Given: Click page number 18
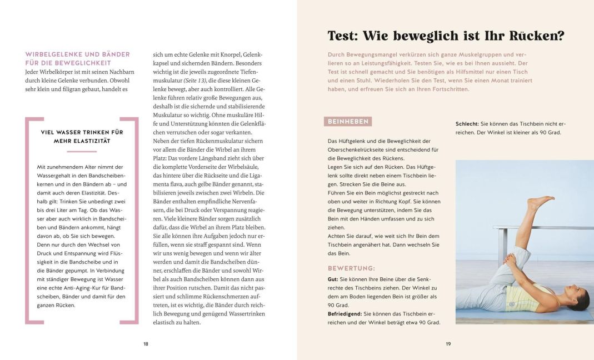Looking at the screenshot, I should click(x=146, y=344).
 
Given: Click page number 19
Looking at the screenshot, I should click(x=448, y=344).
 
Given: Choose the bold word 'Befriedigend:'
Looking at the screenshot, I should click(x=345, y=314).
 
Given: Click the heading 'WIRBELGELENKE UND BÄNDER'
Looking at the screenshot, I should click(x=78, y=54).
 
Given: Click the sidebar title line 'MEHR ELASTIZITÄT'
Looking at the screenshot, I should click(x=82, y=141).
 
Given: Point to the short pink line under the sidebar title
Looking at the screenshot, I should click(x=82, y=151).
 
